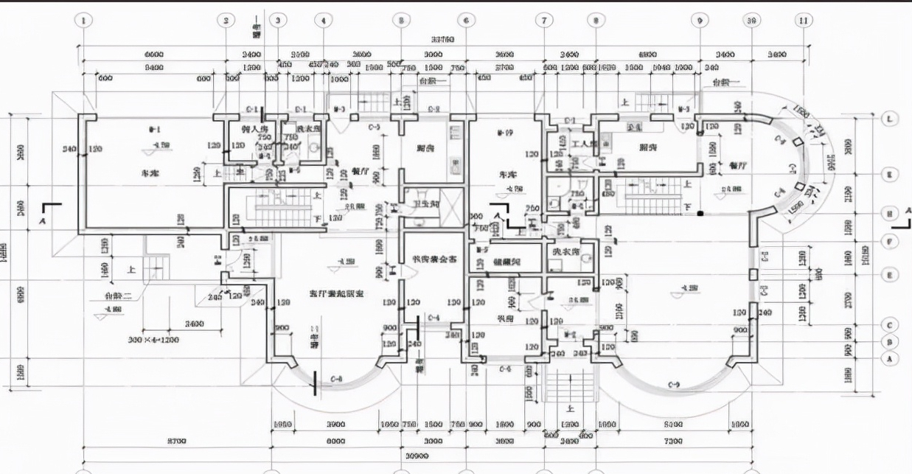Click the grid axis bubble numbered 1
(84, 21)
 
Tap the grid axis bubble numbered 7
(543, 21)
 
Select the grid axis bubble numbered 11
(804, 21)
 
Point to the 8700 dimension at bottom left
(176, 441)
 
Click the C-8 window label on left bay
(337, 378)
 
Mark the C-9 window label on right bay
(673, 384)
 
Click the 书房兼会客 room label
(434, 259)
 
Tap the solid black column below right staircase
(701, 214)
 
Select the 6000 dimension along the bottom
(335, 441)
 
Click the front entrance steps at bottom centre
(569, 384)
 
